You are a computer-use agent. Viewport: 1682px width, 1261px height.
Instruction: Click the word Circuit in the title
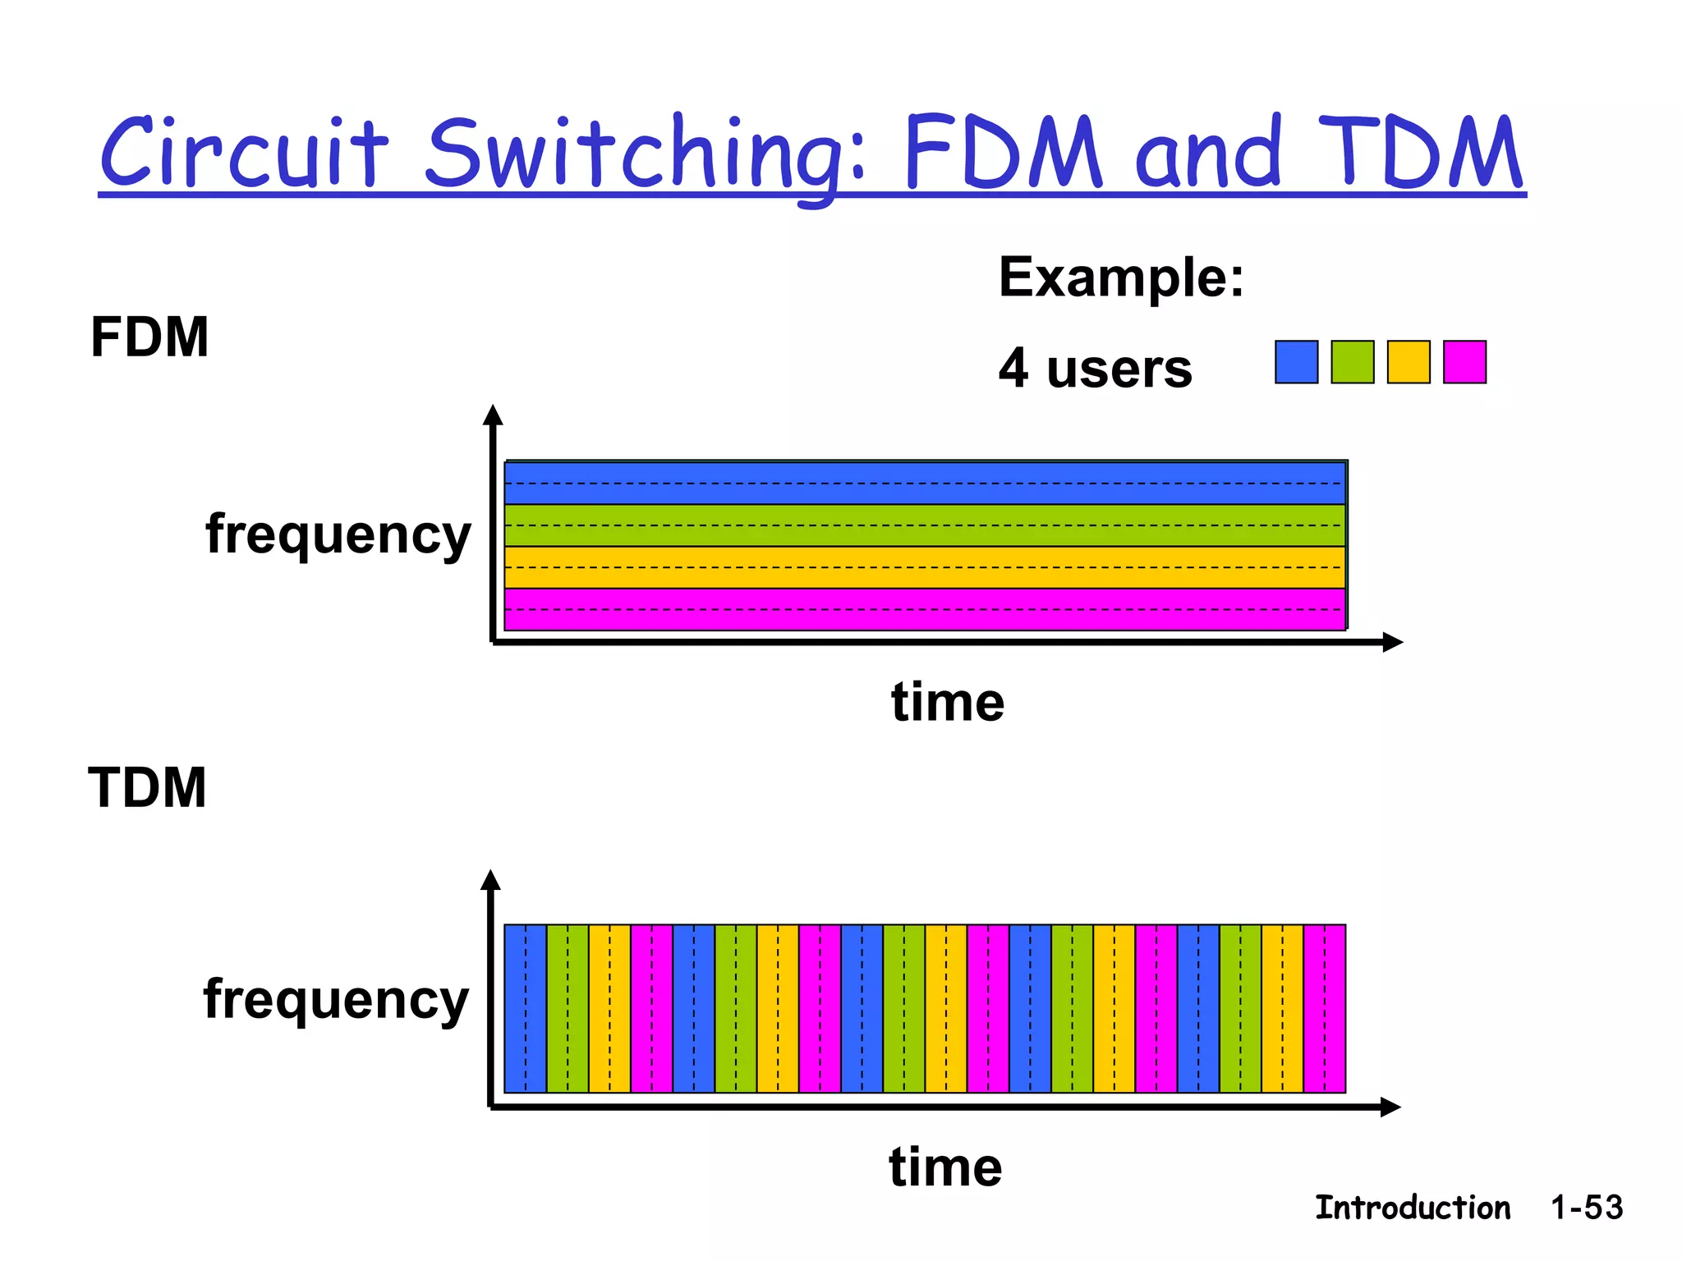243,153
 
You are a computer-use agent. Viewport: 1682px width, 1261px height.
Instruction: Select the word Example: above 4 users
1120,277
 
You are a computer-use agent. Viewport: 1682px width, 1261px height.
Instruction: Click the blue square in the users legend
1296,362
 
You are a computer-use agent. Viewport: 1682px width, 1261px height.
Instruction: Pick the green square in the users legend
1352,362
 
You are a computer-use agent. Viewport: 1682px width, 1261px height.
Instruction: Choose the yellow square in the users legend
1408,362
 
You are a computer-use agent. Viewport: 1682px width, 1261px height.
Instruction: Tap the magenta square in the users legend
1464,362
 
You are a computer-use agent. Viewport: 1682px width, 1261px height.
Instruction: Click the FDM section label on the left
149,337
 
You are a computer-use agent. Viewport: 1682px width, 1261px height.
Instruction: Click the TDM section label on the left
147,787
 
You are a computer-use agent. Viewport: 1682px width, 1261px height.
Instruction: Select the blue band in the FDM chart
924,484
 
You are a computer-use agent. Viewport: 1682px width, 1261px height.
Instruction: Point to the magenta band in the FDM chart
924,609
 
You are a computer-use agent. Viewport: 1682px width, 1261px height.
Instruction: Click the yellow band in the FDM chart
924,567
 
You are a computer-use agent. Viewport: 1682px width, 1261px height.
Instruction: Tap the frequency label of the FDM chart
338,535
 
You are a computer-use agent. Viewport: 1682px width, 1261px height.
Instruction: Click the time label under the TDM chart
945,1167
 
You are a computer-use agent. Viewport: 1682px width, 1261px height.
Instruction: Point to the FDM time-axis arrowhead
1393,642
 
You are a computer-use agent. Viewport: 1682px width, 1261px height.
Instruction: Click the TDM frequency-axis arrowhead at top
490,880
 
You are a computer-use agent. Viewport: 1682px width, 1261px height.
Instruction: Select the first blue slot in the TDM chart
525,1008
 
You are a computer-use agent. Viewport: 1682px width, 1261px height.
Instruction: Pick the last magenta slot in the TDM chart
1324,1008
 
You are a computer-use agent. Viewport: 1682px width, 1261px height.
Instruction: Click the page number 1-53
1586,1208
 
